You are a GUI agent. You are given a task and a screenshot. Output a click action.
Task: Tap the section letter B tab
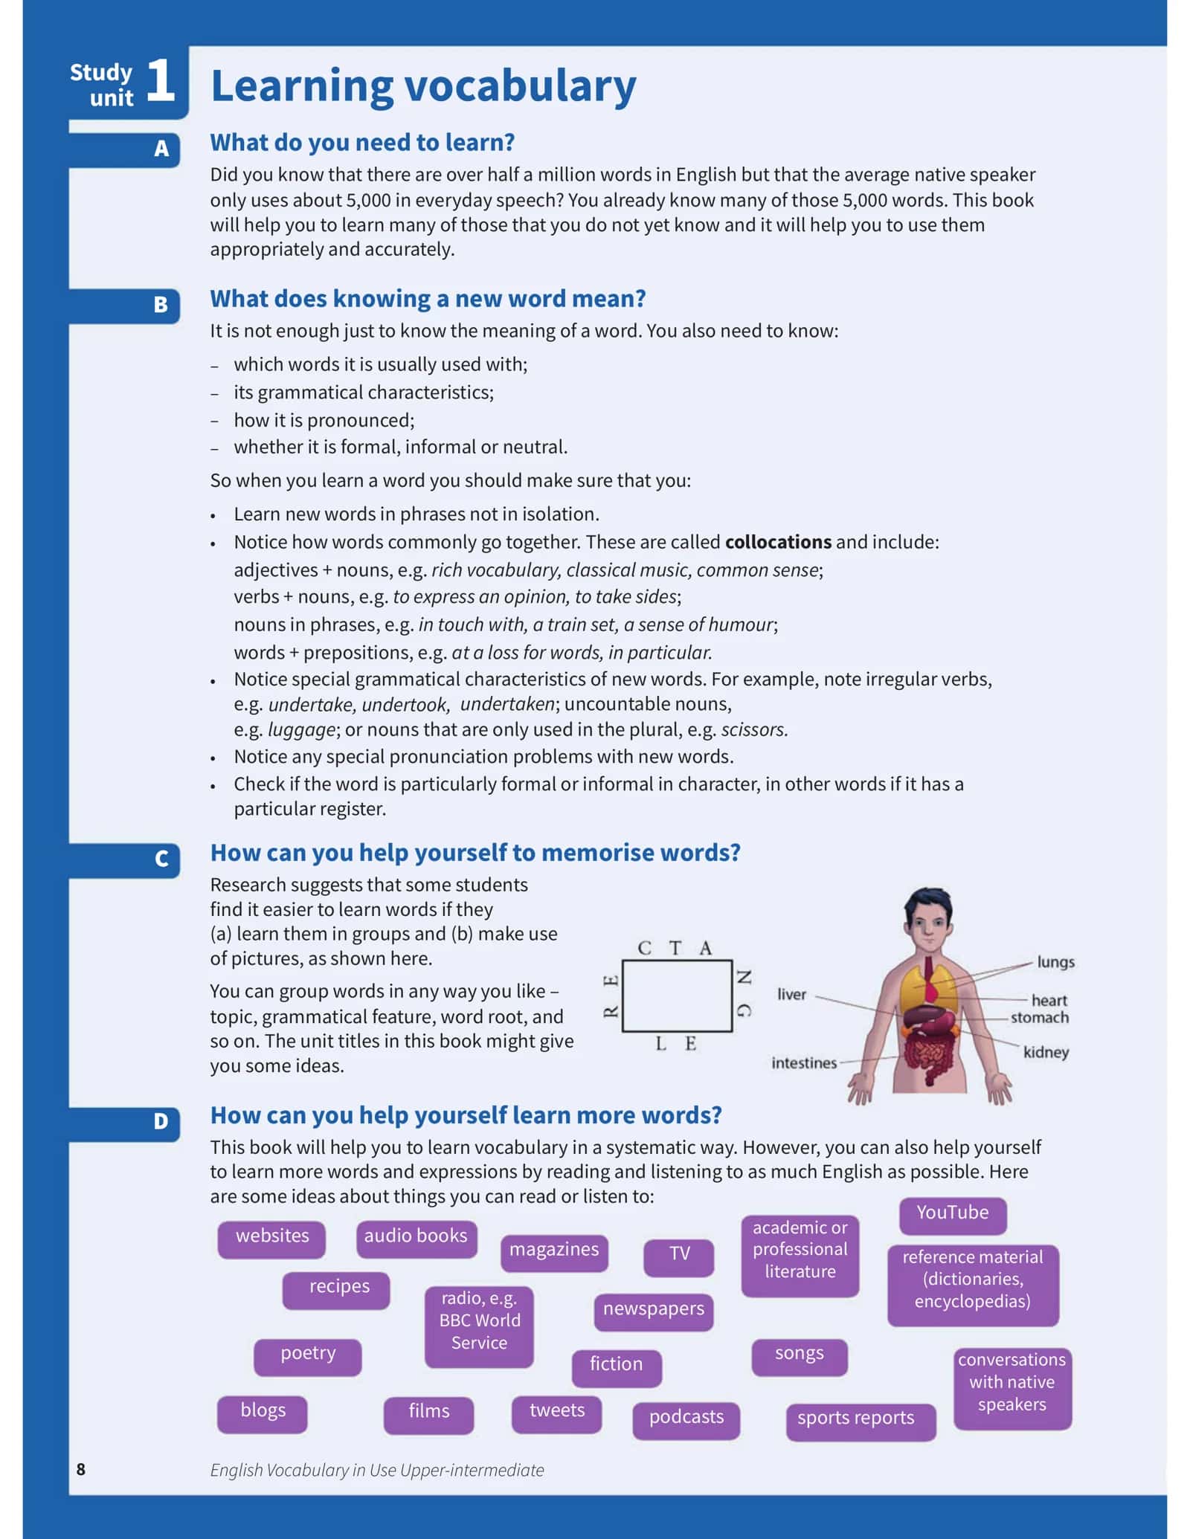[x=161, y=305]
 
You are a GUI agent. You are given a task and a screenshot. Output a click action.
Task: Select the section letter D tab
[x=161, y=1122]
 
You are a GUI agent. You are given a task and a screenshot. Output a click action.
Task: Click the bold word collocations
[x=778, y=542]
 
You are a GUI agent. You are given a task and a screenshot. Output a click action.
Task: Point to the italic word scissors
[x=754, y=729]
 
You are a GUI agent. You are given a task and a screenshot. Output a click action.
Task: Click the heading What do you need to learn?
[x=362, y=142]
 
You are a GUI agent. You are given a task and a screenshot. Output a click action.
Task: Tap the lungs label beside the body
[x=1055, y=962]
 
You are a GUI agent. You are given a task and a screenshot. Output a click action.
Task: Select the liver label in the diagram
[x=791, y=994]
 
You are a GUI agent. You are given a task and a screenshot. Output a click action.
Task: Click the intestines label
[x=804, y=1063]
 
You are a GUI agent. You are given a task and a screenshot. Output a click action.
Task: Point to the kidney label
[x=1046, y=1053]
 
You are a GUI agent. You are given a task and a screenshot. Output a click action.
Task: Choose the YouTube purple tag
[x=953, y=1213]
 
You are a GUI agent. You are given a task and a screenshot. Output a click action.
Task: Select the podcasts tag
[x=686, y=1417]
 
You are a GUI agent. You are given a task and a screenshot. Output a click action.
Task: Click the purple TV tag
[x=679, y=1254]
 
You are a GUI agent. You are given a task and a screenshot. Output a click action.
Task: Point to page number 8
[x=81, y=1469]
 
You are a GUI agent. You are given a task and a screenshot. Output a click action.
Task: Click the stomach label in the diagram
[x=1039, y=1018]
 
